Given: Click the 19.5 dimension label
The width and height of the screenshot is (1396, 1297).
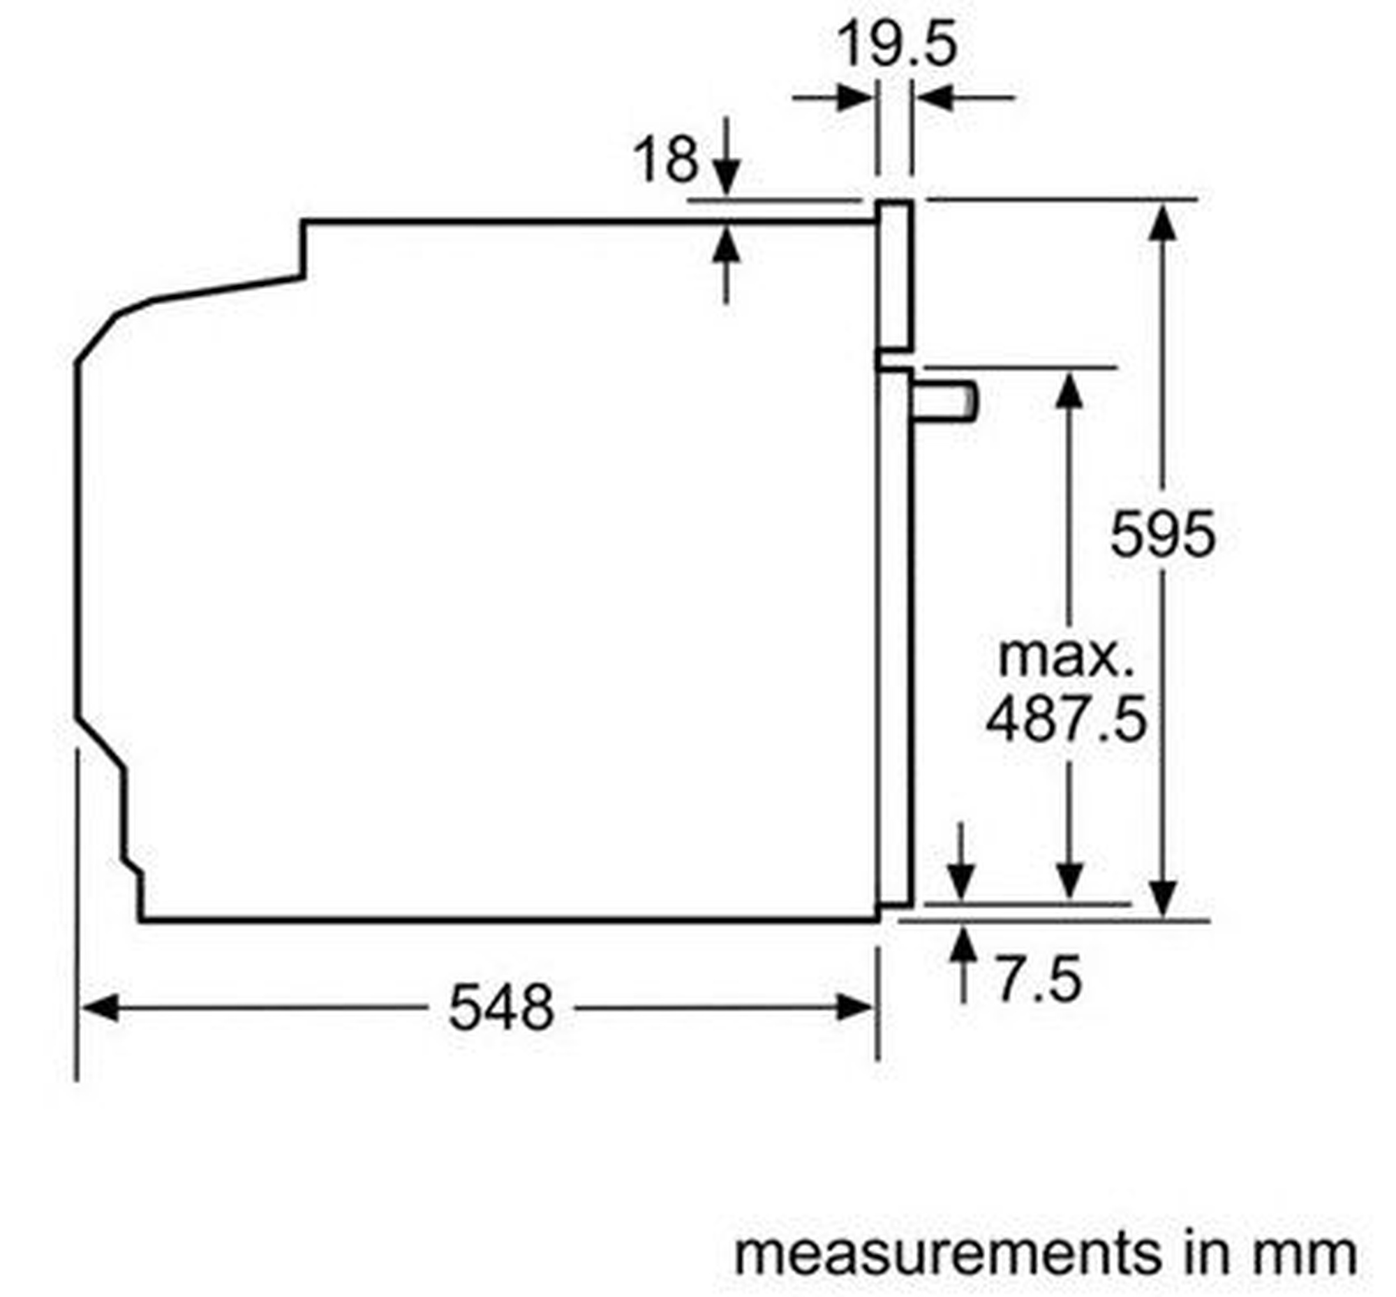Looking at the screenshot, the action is point(897,43).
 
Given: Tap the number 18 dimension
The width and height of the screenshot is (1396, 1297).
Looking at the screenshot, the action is point(665,159).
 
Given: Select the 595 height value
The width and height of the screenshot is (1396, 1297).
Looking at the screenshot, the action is point(1162,534).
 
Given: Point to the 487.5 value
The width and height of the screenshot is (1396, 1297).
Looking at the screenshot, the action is point(1065,719).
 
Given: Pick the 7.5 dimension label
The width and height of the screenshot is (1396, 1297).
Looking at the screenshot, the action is point(1039,979).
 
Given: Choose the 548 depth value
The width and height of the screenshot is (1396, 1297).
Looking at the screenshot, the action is point(501,1008).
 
